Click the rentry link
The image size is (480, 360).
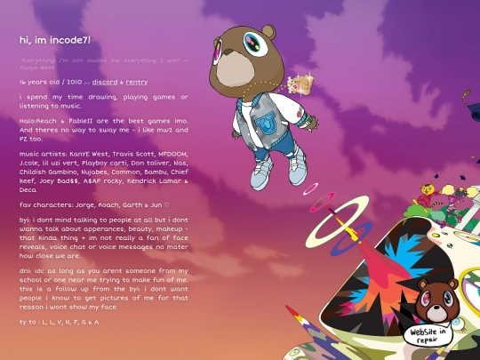(135, 82)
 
